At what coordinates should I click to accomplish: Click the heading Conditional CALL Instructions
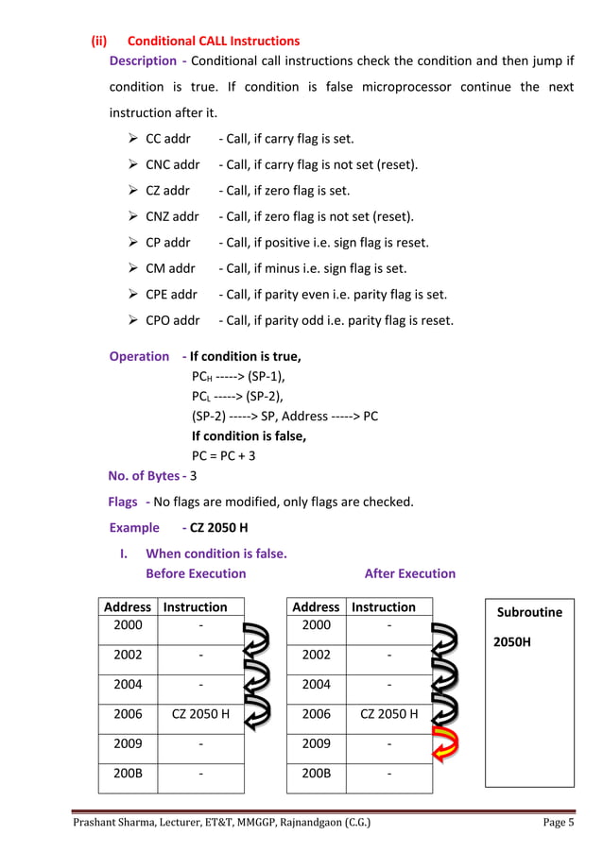click(213, 42)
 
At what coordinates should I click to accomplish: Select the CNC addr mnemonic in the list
click(172, 164)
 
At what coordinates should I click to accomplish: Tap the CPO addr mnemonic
click(172, 320)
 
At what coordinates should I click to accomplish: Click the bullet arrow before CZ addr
click(134, 191)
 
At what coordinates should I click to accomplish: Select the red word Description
click(143, 61)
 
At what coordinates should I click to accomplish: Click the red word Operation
click(139, 357)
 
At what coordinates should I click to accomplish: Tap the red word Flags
click(123, 502)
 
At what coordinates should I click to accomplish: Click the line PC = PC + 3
click(224, 455)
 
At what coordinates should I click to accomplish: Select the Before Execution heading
click(196, 573)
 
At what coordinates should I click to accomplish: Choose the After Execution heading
click(409, 573)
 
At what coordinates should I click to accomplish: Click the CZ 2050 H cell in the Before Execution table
click(200, 714)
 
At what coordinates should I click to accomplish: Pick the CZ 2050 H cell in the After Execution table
click(388, 714)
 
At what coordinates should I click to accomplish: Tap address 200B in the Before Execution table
click(128, 774)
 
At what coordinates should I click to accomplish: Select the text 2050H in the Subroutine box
click(511, 642)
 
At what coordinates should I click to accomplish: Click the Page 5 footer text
click(558, 823)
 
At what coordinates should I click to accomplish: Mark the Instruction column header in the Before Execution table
click(195, 607)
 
